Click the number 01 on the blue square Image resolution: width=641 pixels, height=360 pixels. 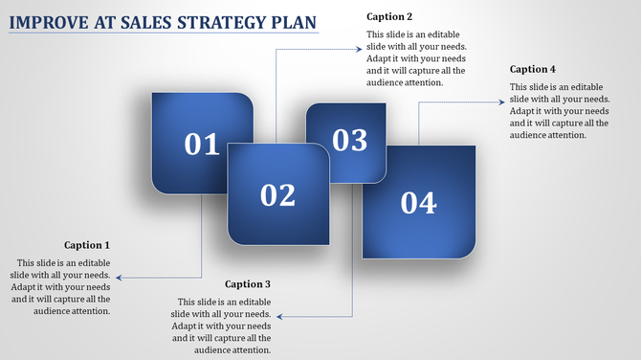coord(202,145)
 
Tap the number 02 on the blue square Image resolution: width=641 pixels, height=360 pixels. coord(278,195)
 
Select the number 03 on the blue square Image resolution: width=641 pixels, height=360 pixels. coord(350,141)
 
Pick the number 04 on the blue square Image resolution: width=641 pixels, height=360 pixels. coord(418,203)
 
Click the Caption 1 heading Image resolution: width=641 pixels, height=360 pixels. coord(87,245)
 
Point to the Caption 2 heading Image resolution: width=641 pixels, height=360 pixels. coord(389,17)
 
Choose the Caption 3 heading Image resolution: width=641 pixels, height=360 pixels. coord(248,284)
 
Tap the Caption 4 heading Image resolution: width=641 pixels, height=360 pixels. coord(533,69)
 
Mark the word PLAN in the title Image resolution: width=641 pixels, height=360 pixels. coord(296,21)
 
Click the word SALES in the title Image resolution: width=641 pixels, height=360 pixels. coord(153,21)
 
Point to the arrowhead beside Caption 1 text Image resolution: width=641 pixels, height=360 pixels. coord(119,278)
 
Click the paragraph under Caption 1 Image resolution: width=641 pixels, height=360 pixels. coord(60,286)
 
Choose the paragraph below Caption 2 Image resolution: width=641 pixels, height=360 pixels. coord(416,58)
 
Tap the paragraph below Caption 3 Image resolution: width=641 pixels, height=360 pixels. coord(222,326)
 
